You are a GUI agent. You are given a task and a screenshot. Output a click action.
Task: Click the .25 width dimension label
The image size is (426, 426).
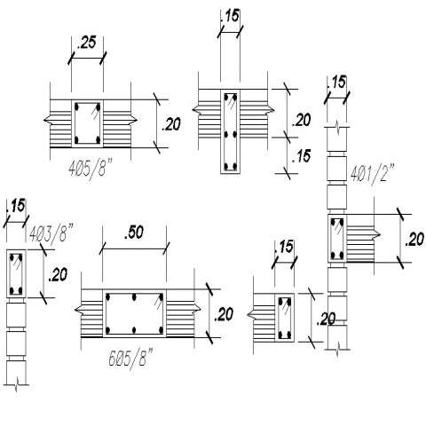pyautogui.click(x=86, y=43)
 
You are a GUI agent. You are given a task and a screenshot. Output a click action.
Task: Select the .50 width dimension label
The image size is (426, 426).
pyautogui.click(x=134, y=233)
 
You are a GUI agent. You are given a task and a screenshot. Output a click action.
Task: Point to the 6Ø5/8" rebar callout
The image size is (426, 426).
pyautogui.click(x=130, y=358)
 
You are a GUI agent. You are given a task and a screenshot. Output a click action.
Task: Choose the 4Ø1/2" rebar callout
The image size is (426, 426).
pyautogui.click(x=373, y=172)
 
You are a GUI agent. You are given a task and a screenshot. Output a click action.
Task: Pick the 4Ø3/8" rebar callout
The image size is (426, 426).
pyautogui.click(x=51, y=233)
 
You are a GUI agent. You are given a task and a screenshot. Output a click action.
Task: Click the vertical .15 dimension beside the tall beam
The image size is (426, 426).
pyautogui.click(x=301, y=156)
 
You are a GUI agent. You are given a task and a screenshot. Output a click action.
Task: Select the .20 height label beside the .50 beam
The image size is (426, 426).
pyautogui.click(x=224, y=314)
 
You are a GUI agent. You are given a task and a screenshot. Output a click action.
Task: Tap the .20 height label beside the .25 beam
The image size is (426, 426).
pyautogui.click(x=170, y=124)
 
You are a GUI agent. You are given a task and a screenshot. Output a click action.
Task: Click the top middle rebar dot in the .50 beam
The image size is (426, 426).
pyautogui.click(x=134, y=296)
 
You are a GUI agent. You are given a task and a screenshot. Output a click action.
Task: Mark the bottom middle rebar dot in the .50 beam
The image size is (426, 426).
pyautogui.click(x=134, y=329)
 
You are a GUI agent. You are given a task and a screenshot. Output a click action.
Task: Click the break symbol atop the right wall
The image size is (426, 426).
pyautogui.click(x=338, y=128)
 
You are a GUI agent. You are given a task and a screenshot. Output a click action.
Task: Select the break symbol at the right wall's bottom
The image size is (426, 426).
pyautogui.click(x=337, y=350)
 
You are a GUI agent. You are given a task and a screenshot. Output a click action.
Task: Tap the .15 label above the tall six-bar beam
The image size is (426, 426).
pyautogui.click(x=230, y=16)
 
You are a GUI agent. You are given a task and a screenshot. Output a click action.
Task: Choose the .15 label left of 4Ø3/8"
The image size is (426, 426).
pyautogui.click(x=16, y=206)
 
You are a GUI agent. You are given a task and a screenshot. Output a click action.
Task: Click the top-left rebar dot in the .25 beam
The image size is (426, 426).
pyautogui.click(x=77, y=106)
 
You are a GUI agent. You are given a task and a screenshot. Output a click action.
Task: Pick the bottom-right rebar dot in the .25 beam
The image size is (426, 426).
pyautogui.click(x=98, y=139)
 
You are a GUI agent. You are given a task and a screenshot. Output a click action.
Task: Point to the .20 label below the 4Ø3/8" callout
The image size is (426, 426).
pyautogui.click(x=58, y=275)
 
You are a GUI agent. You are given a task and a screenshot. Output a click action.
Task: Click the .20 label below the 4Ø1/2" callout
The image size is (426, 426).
pyautogui.click(x=414, y=240)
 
